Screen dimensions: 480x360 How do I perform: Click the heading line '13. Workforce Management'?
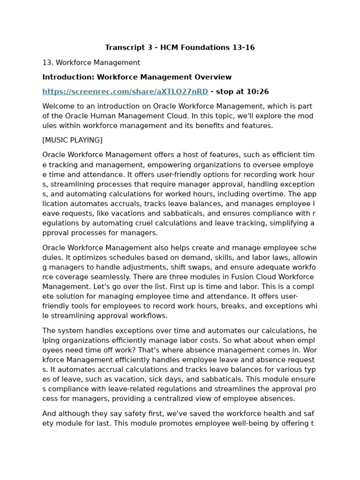91,62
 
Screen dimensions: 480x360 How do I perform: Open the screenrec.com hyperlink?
125,91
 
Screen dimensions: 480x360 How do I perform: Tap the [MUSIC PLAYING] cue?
72,140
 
